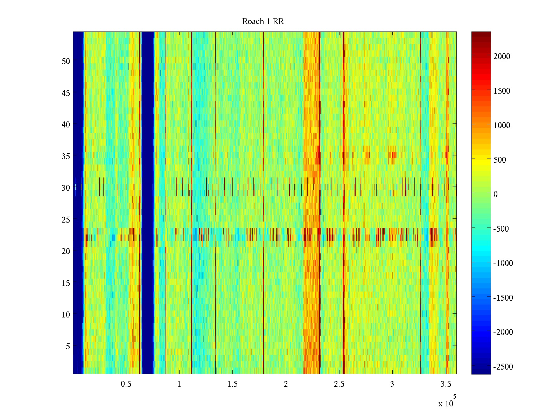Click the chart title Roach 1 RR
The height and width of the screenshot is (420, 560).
[x=263, y=22]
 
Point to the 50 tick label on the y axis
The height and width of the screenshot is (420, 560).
[x=66, y=61]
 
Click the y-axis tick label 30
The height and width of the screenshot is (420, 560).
[x=66, y=188]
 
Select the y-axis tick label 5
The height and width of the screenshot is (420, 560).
[x=68, y=346]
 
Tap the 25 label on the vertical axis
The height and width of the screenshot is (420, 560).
[x=66, y=220]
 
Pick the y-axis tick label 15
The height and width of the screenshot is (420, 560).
[x=66, y=283]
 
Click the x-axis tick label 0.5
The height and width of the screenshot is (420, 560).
[x=126, y=384]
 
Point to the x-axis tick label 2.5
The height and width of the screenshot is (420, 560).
[x=339, y=384]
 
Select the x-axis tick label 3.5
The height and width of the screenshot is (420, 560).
[x=446, y=384]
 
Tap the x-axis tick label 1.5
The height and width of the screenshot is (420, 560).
[x=232, y=384]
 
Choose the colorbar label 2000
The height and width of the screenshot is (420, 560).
[x=502, y=57]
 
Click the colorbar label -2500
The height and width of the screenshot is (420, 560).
[x=503, y=367]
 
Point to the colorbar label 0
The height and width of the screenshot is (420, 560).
[x=495, y=194]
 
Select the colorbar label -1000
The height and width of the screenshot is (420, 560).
[x=503, y=264]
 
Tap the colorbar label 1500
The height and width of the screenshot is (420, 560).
[x=502, y=91]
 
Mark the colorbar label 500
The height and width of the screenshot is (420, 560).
[x=500, y=160]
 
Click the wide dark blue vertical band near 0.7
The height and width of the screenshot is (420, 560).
[x=147, y=203]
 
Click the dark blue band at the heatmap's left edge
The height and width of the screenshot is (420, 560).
[x=78, y=203]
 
